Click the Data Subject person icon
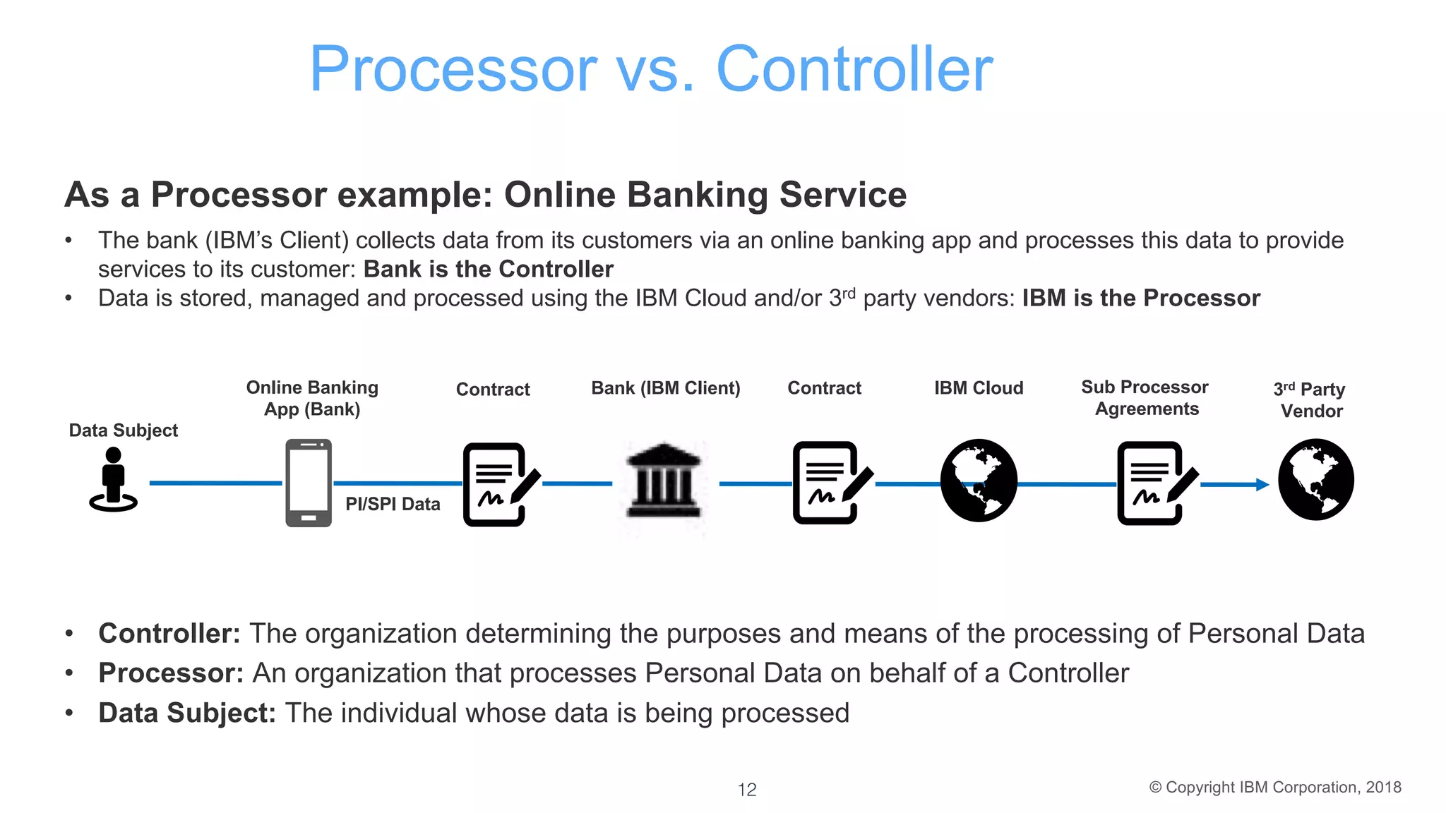point(113,480)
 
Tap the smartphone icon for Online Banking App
point(309,483)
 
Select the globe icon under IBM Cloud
point(979,481)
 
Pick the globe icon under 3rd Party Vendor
point(1316,480)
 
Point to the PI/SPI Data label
point(393,504)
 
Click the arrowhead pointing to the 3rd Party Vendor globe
point(1262,484)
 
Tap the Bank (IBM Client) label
point(665,388)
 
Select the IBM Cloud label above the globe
point(979,388)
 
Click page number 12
point(747,790)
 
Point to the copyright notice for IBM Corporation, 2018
point(1275,788)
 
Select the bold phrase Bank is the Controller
point(489,270)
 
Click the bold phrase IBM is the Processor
point(1141,299)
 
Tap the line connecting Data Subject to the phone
point(215,483)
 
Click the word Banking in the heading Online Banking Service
point(698,195)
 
